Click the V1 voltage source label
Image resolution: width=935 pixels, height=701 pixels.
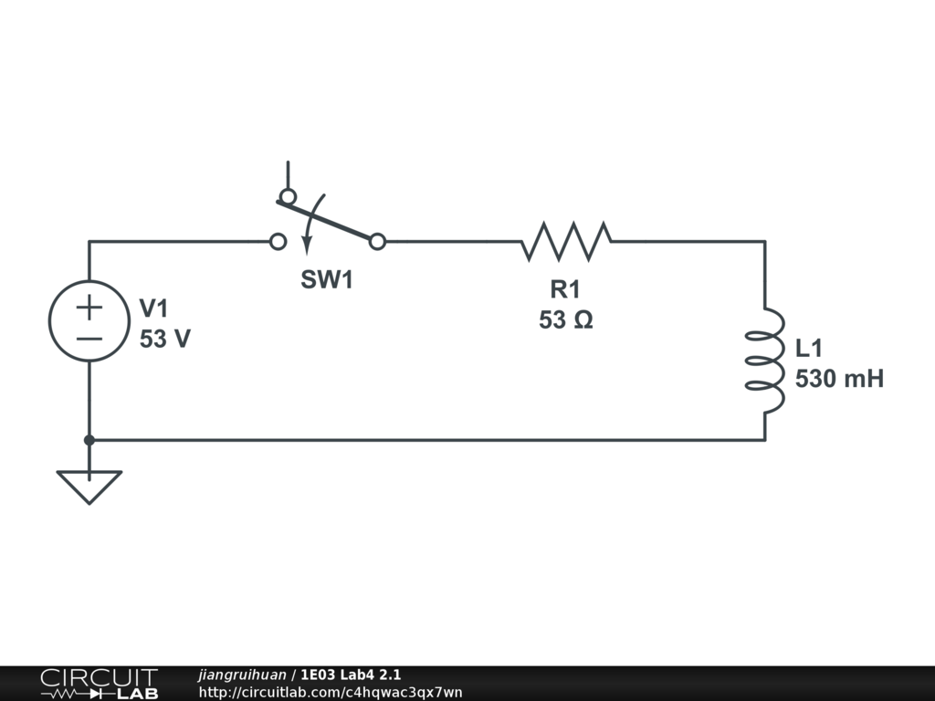(153, 309)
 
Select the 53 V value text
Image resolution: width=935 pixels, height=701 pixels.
(165, 340)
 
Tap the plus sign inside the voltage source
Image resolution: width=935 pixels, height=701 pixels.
(89, 308)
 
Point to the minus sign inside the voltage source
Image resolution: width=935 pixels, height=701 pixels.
(89, 339)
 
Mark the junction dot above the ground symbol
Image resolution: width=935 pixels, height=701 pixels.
(89, 440)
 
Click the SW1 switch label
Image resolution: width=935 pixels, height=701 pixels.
(327, 280)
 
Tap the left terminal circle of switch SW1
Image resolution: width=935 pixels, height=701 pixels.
(278, 242)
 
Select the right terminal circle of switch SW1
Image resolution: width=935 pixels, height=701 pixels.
(378, 242)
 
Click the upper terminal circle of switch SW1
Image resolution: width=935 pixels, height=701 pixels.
(288, 196)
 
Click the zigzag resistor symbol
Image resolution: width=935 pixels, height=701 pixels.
(566, 241)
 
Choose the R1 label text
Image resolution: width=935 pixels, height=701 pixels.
(565, 290)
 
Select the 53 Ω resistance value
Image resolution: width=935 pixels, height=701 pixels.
(566, 320)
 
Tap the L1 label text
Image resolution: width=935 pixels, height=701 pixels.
(810, 348)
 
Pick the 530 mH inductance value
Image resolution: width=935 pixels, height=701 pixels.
(839, 379)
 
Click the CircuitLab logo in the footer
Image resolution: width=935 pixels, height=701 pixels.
(99, 684)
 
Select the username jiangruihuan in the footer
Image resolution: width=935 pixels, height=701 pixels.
(242, 675)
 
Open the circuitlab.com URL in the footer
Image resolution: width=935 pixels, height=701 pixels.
(331, 692)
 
